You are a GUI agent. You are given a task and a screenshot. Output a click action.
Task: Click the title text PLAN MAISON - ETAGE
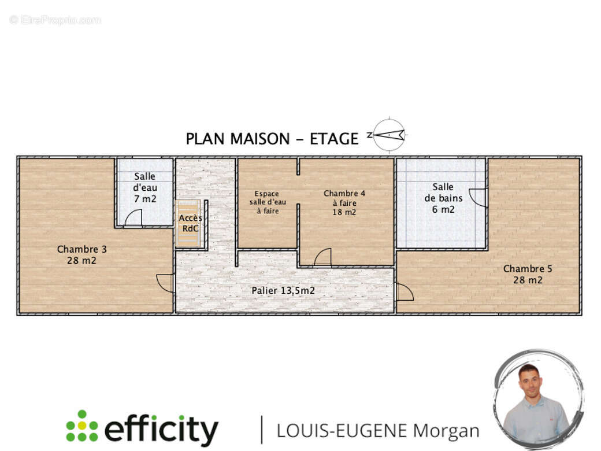click(x=272, y=139)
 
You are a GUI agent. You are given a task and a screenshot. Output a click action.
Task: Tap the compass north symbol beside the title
click(x=388, y=135)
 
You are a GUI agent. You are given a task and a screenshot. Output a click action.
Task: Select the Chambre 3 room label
click(x=81, y=255)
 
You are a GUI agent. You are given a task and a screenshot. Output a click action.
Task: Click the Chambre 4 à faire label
click(x=344, y=202)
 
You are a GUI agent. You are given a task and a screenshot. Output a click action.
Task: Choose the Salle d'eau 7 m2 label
click(x=145, y=187)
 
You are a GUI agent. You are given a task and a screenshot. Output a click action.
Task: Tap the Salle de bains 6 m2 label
click(x=443, y=198)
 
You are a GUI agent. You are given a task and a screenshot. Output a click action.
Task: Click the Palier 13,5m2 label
click(x=283, y=290)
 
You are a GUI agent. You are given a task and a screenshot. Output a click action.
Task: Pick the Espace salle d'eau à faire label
click(x=268, y=202)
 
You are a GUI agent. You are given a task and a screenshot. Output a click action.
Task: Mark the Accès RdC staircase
click(x=190, y=223)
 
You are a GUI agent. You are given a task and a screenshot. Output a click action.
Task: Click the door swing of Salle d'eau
click(x=133, y=218)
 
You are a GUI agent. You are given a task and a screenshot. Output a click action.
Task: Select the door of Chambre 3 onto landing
click(x=166, y=283)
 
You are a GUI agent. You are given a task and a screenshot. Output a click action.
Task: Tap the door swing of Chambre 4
click(x=323, y=258)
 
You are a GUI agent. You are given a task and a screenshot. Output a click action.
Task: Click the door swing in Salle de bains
click(x=478, y=198)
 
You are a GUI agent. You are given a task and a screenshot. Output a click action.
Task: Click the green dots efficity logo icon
click(x=81, y=426)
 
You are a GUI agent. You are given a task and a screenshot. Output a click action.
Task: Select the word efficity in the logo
click(x=161, y=430)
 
